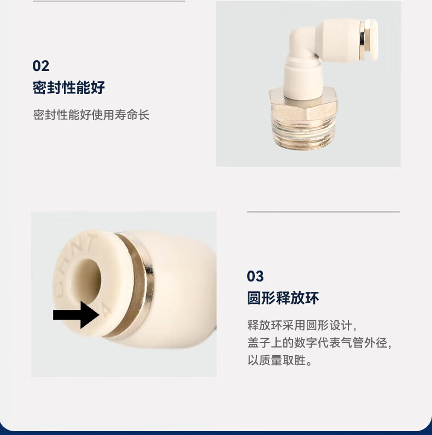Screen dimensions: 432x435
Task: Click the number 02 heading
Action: pos(41,66)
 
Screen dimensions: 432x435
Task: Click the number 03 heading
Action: pos(255,277)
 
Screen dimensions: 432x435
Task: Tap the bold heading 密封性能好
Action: pos(68,87)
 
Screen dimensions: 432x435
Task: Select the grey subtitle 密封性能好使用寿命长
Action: pos(91,115)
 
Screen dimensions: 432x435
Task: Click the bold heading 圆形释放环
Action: pos(283,298)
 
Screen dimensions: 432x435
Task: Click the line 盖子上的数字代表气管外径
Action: pos(319,343)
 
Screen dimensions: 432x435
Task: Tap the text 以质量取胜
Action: pos(279,360)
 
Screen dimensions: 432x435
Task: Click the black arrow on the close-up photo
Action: pos(76,315)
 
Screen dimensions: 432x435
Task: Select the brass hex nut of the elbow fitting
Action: pos(303,105)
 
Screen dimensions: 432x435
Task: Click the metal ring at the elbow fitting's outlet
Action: pos(363,40)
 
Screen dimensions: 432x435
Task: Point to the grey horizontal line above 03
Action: pos(323,211)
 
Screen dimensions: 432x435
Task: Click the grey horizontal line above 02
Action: pos(109,1)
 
